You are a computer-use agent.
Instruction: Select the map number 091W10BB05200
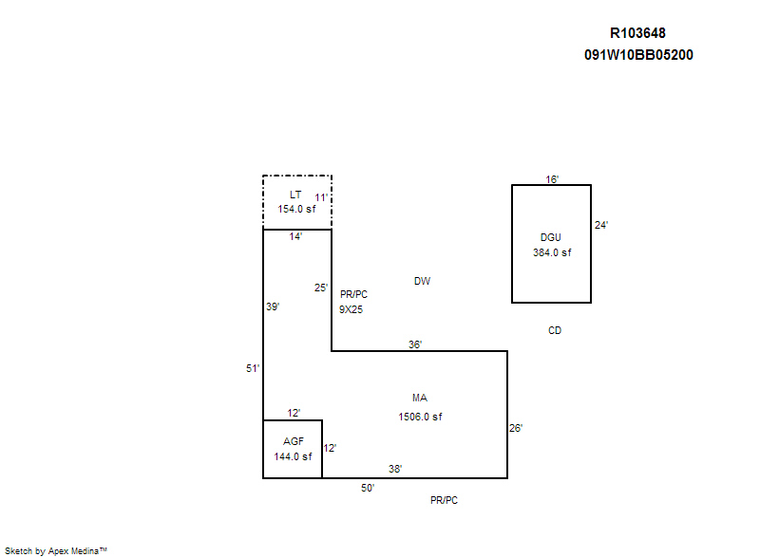pos(638,55)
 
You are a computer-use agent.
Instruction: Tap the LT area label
pos(295,195)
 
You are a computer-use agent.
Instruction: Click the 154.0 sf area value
pos(296,209)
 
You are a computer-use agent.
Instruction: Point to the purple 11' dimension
pos(321,198)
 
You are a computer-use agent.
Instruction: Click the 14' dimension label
pos(295,237)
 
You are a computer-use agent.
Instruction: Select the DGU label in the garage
pos(552,237)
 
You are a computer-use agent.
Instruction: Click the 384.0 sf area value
pos(552,252)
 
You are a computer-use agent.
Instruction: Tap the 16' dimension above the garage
pos(552,179)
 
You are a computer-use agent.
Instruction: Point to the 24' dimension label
pos(600,226)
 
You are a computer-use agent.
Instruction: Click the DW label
pos(422,282)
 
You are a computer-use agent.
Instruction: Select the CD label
pos(555,331)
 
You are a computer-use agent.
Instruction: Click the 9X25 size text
pos(351,309)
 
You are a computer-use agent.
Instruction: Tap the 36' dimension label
pos(415,345)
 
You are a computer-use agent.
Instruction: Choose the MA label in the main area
pos(420,398)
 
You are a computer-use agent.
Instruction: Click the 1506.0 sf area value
pos(420,417)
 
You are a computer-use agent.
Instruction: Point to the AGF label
pos(293,441)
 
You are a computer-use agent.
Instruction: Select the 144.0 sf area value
pos(293,456)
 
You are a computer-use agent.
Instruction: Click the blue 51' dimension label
pos(253,368)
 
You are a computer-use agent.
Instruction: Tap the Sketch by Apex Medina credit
pos(55,549)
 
